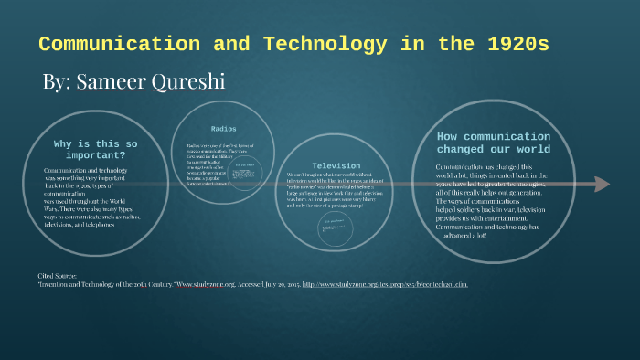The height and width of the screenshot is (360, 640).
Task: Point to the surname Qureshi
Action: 190,81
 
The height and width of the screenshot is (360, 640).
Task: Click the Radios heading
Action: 223,129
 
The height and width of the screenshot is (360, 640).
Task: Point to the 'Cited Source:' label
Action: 58,275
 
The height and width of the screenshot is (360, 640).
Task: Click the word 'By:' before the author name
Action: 55,81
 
